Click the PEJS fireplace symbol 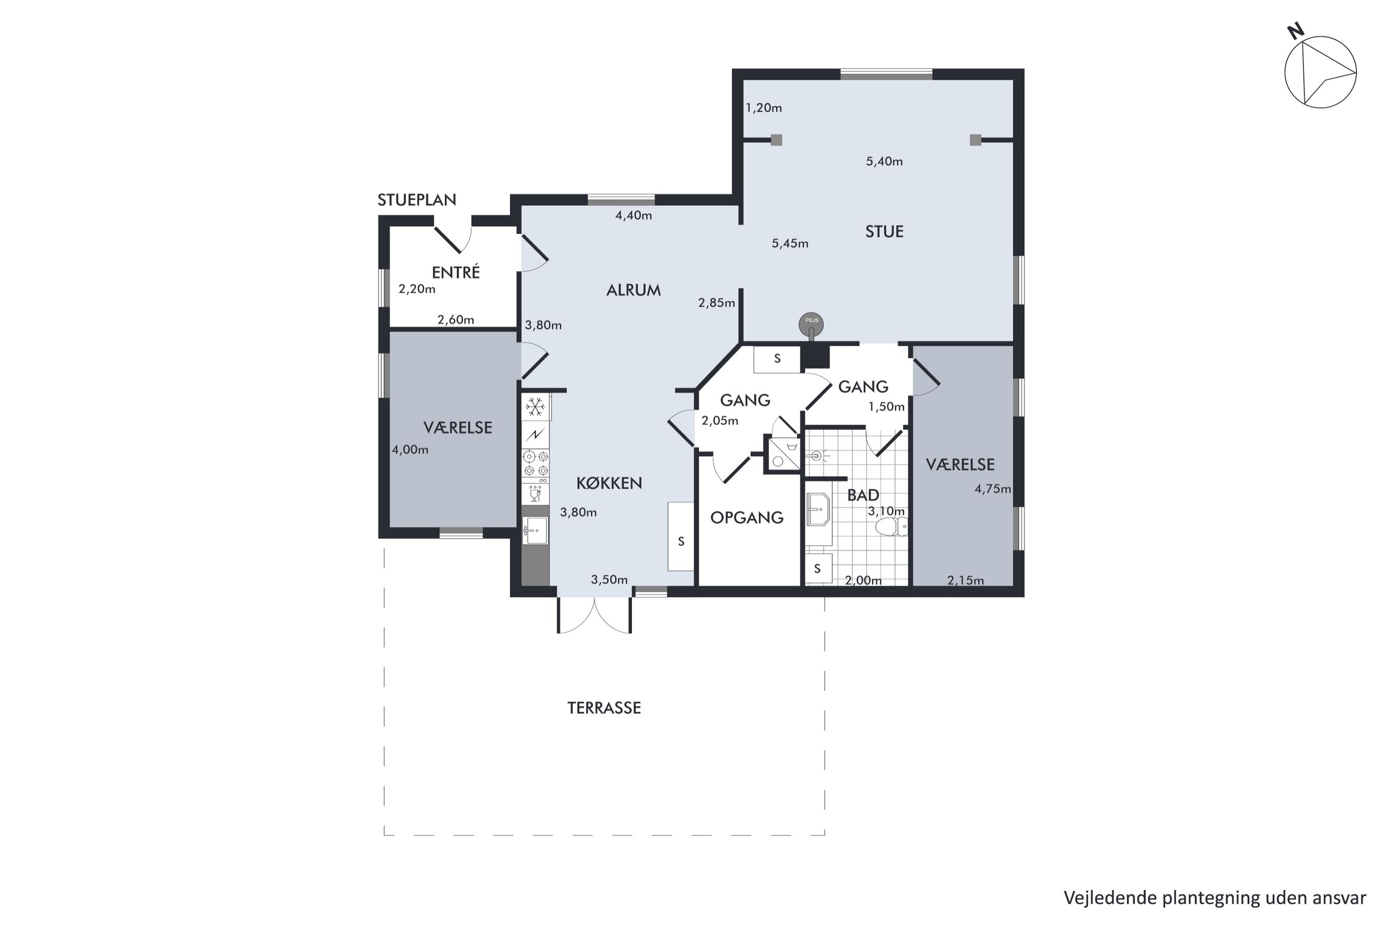[x=811, y=325]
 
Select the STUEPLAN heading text [x=417, y=200]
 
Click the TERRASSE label [x=604, y=708]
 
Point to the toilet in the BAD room [x=892, y=526]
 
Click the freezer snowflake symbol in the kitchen [x=535, y=406]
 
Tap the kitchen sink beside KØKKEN [x=535, y=530]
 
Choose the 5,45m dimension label [x=790, y=243]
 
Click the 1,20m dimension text [x=764, y=108]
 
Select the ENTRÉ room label [x=456, y=272]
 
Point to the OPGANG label [x=747, y=517]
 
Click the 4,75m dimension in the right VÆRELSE [x=993, y=489]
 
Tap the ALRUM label [x=633, y=290]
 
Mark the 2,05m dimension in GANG [x=719, y=421]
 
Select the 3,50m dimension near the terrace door [x=609, y=580]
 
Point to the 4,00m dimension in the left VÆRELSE [x=410, y=450]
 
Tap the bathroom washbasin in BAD [x=819, y=509]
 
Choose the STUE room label [x=884, y=231]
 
